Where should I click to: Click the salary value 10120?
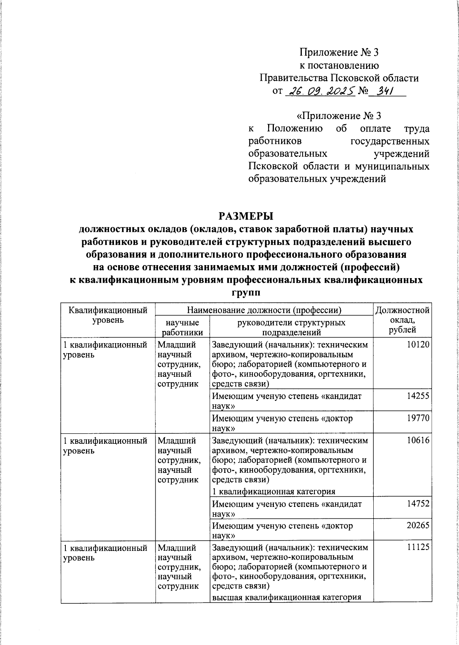pyautogui.click(x=418, y=345)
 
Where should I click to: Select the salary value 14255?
pyautogui.click(x=418, y=396)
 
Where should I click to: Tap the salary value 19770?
pyautogui.click(x=418, y=418)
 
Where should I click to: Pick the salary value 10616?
pyautogui.click(x=418, y=440)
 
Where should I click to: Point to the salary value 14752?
pyautogui.click(x=418, y=504)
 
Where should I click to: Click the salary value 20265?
pyautogui.click(x=418, y=526)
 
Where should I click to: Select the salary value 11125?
pyautogui.click(x=418, y=547)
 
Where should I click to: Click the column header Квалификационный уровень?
pyautogui.click(x=108, y=315)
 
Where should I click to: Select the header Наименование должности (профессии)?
pyautogui.click(x=264, y=310)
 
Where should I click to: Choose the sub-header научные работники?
pyautogui.click(x=182, y=327)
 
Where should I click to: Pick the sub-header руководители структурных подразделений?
pyautogui.click(x=291, y=327)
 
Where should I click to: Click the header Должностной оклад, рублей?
pyautogui.click(x=402, y=320)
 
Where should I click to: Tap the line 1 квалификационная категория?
pyautogui.click(x=273, y=492)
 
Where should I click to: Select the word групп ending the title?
pyautogui.click(x=245, y=293)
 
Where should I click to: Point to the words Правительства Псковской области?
pyautogui.click(x=339, y=78)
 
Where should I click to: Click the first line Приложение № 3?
pyautogui.click(x=339, y=52)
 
